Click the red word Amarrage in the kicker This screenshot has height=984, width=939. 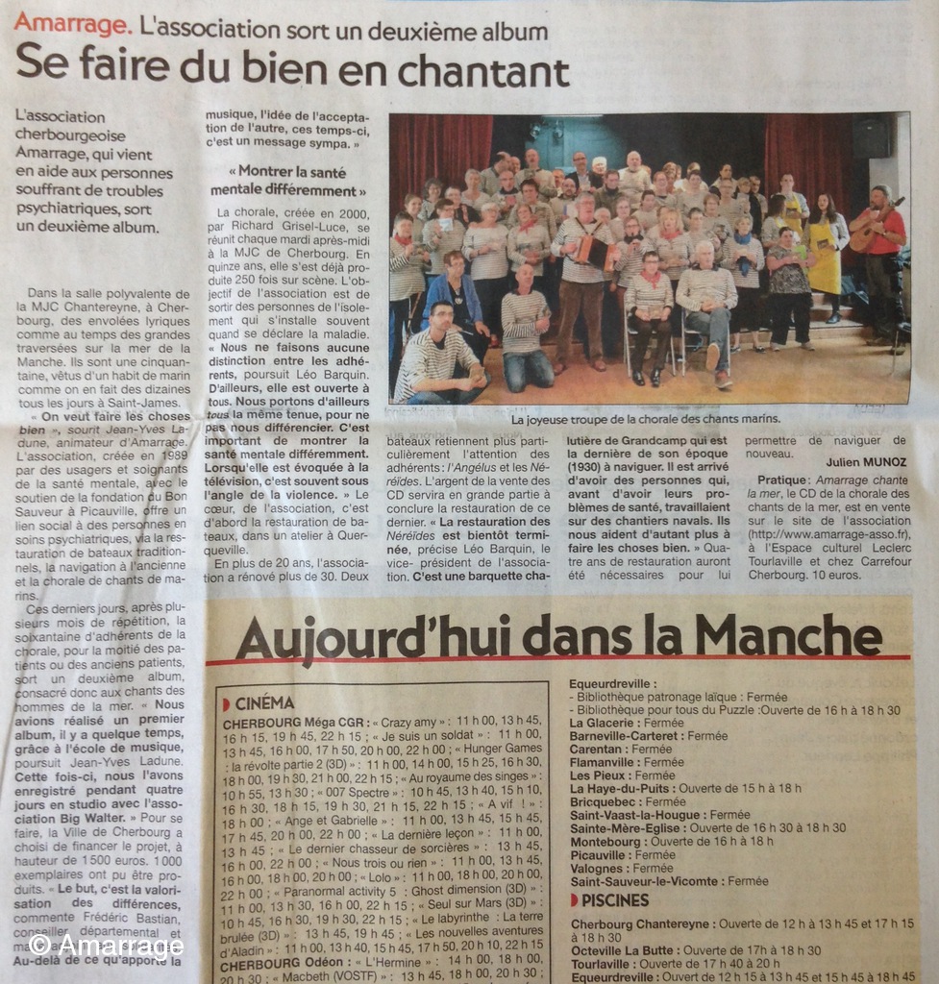point(72,22)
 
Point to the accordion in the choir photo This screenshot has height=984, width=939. point(595,253)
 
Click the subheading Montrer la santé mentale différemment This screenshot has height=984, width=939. point(288,181)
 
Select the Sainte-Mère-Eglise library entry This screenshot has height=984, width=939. point(707,827)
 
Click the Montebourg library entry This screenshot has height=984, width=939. point(671,841)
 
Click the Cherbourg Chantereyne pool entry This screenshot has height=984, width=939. point(740,922)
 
